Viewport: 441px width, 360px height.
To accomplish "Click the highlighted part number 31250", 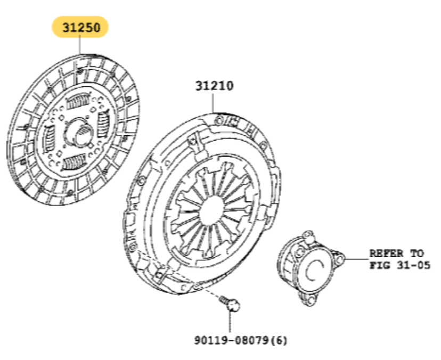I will pyautogui.click(x=79, y=27).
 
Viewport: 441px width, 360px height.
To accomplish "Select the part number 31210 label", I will pyautogui.click(x=213, y=85).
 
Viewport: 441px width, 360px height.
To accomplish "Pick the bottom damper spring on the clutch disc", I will pyautogui.click(x=73, y=162).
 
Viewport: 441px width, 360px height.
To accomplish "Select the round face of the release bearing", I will pyautogui.click(x=316, y=264).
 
